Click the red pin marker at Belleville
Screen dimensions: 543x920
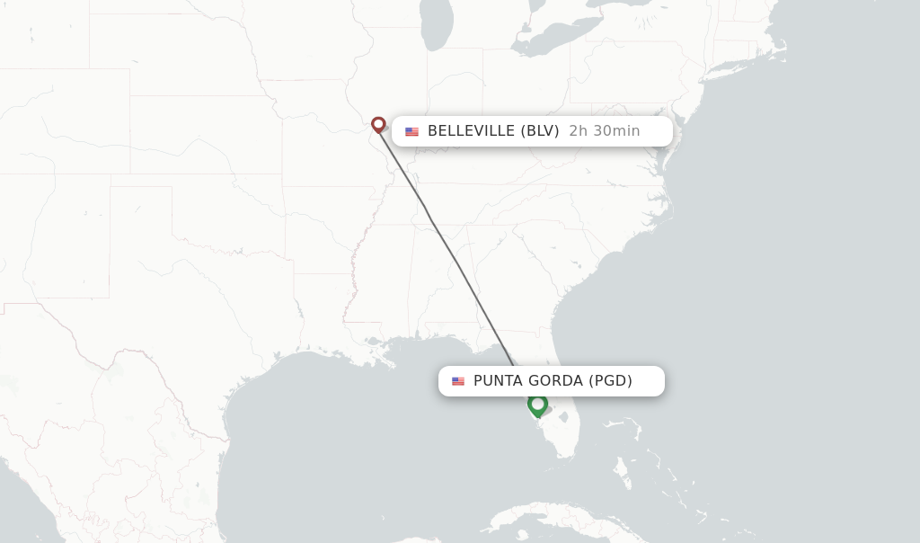point(378,124)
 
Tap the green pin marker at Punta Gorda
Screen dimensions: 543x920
point(537,405)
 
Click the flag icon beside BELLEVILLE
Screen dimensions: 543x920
point(411,131)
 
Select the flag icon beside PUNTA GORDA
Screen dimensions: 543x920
point(458,381)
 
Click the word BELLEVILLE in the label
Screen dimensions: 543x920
point(472,131)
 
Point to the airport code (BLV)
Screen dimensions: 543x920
point(540,131)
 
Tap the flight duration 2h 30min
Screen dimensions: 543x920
point(605,131)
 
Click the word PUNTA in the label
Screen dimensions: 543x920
point(499,381)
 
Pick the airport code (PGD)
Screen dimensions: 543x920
point(610,381)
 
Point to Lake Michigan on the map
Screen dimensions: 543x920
point(437,27)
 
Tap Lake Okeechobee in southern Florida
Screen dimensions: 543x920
point(563,417)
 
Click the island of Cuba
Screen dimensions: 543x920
point(557,521)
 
